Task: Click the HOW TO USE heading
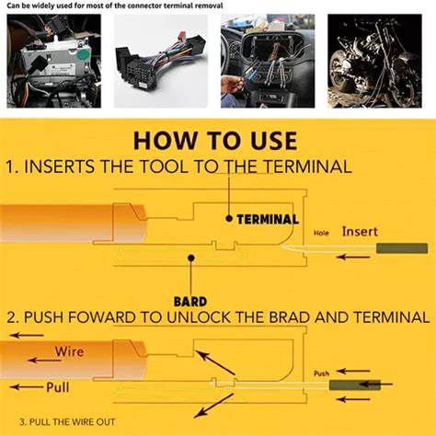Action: coord(217,141)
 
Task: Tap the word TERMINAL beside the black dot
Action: coord(267,220)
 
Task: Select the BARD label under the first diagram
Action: coord(189,300)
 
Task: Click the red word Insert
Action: coord(360,232)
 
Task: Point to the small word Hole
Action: coord(321,234)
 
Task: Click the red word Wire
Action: coord(69,350)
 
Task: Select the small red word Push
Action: coord(321,373)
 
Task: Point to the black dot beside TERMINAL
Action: coord(228,219)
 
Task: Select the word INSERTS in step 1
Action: coord(70,166)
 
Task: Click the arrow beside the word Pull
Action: coord(24,386)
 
